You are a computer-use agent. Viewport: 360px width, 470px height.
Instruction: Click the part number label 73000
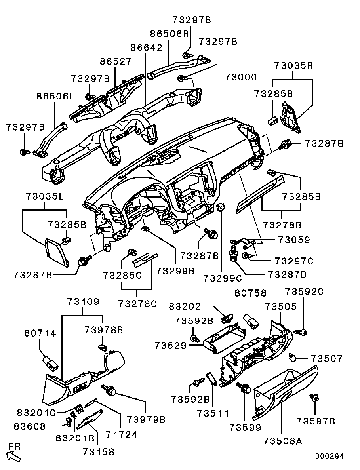(241, 77)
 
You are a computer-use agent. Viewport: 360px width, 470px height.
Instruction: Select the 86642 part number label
(146, 48)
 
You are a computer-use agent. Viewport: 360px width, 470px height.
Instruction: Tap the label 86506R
(170, 34)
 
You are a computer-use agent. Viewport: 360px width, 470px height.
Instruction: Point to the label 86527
(116, 61)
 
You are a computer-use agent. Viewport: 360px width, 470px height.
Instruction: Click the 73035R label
(293, 65)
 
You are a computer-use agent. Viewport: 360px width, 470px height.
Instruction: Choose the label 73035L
(45, 196)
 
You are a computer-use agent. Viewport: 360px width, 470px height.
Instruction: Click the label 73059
(294, 240)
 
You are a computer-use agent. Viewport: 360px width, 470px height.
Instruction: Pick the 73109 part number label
(83, 301)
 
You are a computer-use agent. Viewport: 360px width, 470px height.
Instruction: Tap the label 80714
(40, 333)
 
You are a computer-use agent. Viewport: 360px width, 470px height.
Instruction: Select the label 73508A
(283, 441)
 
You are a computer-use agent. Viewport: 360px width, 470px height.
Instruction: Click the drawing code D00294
(329, 456)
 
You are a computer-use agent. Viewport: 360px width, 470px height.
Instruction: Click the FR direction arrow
(14, 456)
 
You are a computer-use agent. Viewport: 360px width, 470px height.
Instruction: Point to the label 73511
(213, 413)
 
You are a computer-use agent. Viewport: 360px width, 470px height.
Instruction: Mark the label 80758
(250, 293)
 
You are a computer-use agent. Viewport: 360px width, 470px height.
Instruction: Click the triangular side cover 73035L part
(57, 252)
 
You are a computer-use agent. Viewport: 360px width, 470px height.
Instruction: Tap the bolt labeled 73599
(244, 388)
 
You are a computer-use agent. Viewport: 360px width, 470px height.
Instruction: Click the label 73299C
(223, 278)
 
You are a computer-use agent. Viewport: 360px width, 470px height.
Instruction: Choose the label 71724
(122, 434)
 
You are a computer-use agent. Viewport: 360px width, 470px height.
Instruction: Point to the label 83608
(30, 426)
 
